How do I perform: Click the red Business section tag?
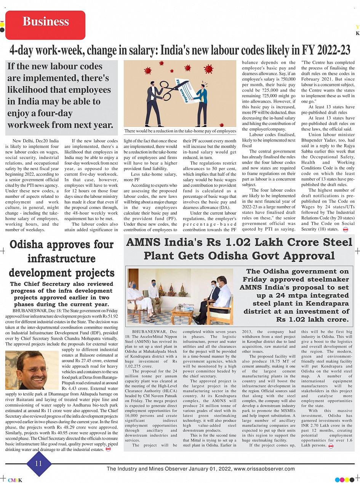45,22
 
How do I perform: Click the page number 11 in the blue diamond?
38,464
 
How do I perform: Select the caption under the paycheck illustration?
180,131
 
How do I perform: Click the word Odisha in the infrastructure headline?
31,244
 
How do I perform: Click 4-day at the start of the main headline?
25,50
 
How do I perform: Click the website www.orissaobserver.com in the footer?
264,469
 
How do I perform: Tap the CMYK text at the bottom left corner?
15,480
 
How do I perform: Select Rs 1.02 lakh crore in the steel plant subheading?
312,319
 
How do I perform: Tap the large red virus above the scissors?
208,69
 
